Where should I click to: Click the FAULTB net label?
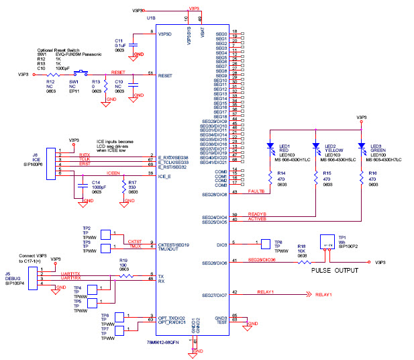click(x=257, y=191)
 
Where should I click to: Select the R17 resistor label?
click(x=132, y=183)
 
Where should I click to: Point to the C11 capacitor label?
click(x=119, y=40)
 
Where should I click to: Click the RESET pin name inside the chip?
click(x=165, y=76)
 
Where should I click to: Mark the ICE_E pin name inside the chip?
click(x=165, y=177)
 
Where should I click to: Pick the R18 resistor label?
click(x=301, y=246)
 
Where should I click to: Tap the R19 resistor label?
click(x=123, y=260)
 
